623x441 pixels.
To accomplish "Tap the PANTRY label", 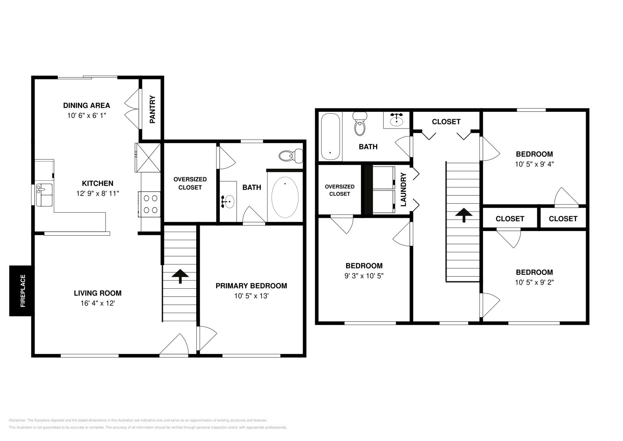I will point(152,109).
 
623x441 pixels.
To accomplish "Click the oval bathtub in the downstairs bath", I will point(285,197).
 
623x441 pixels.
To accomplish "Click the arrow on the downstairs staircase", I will point(180,275).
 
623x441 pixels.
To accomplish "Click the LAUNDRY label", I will point(403,189).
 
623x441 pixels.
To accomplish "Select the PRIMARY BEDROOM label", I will point(251,286).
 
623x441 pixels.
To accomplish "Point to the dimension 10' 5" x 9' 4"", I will point(534,164).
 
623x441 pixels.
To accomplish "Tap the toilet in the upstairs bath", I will point(360,123).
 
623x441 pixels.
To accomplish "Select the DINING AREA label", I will point(86,105).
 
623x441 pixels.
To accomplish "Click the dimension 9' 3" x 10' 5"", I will point(364,276).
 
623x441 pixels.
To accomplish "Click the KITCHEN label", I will point(97,183).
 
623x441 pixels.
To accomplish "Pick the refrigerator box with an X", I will point(147,157).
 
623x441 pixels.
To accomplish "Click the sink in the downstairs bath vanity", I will point(229,201).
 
